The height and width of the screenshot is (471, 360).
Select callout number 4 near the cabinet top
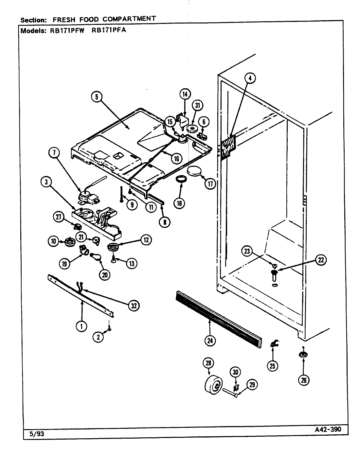click(250, 78)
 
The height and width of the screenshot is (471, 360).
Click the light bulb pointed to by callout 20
click(97, 257)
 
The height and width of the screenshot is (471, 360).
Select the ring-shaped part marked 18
click(181, 180)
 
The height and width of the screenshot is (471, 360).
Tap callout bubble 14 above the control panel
click(185, 94)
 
